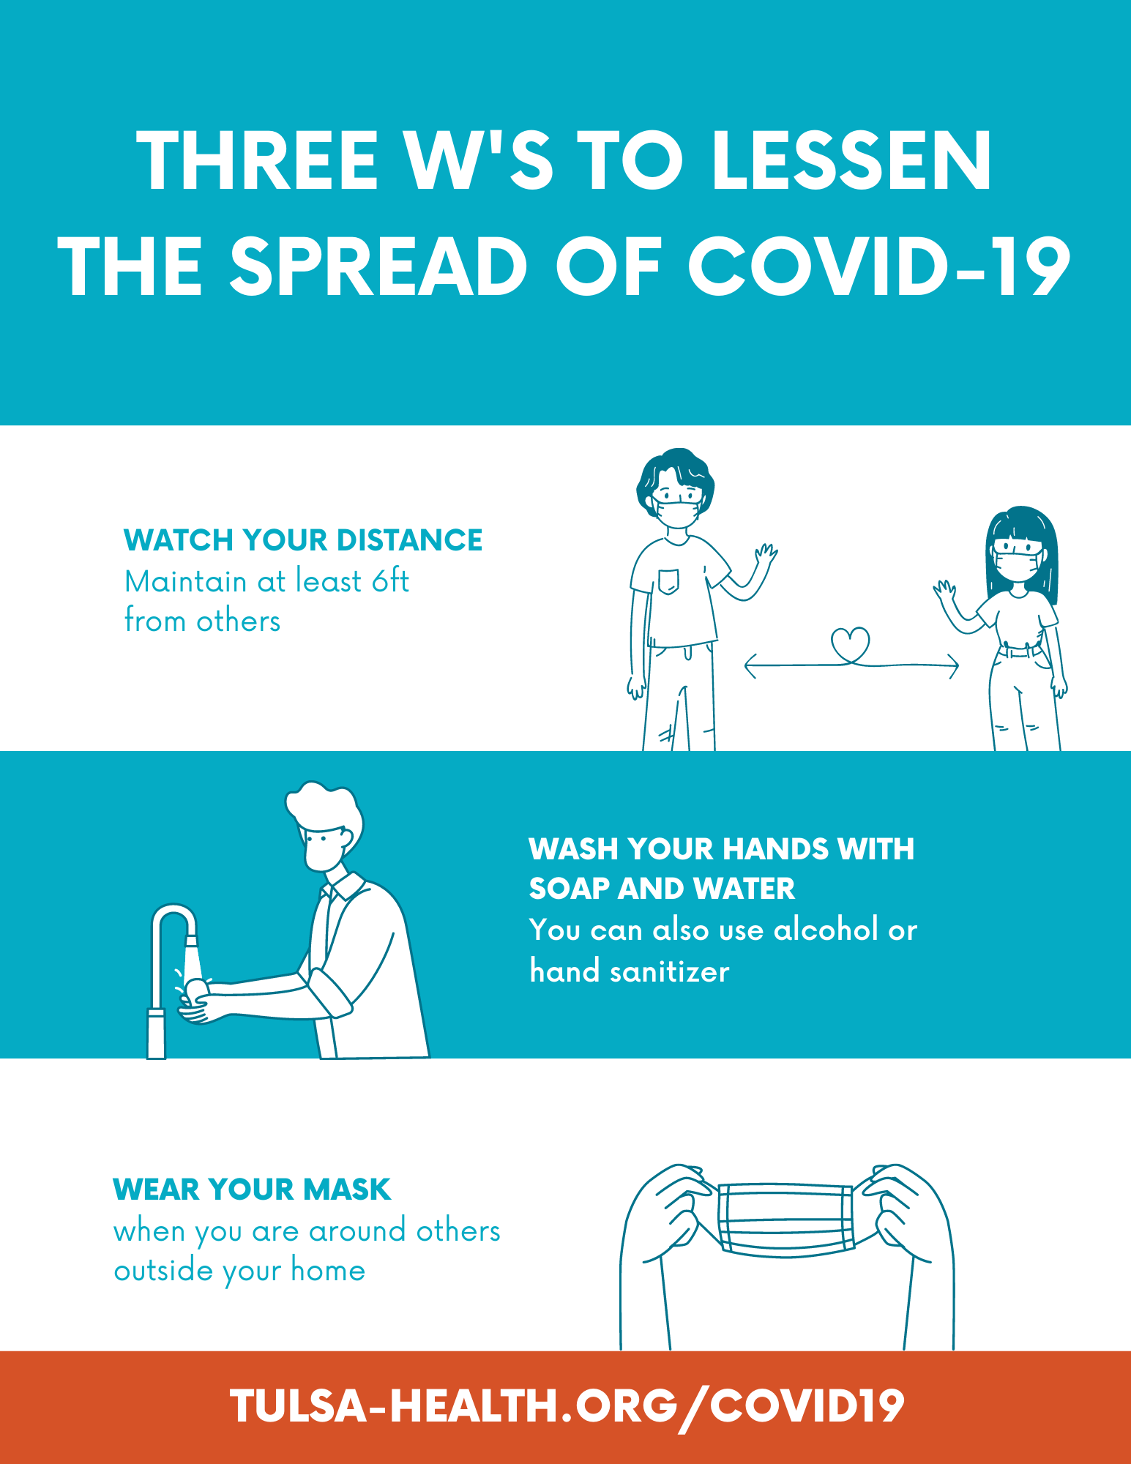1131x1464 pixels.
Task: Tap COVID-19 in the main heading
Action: click(880, 266)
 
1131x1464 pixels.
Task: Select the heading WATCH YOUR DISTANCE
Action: click(303, 540)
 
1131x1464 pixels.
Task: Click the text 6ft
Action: click(390, 581)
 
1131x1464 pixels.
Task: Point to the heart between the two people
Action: click(850, 644)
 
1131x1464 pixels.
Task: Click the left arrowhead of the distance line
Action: click(750, 666)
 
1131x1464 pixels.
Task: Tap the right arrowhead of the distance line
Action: click(953, 666)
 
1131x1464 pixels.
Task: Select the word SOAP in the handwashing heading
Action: click(569, 889)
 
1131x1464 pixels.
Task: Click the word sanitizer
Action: click(670, 972)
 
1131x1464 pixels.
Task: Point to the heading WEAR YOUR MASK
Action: click(252, 1189)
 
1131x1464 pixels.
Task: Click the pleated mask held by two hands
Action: click(786, 1219)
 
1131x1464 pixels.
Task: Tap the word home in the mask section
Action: click(328, 1271)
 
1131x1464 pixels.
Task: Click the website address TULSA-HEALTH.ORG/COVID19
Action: click(567, 1406)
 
